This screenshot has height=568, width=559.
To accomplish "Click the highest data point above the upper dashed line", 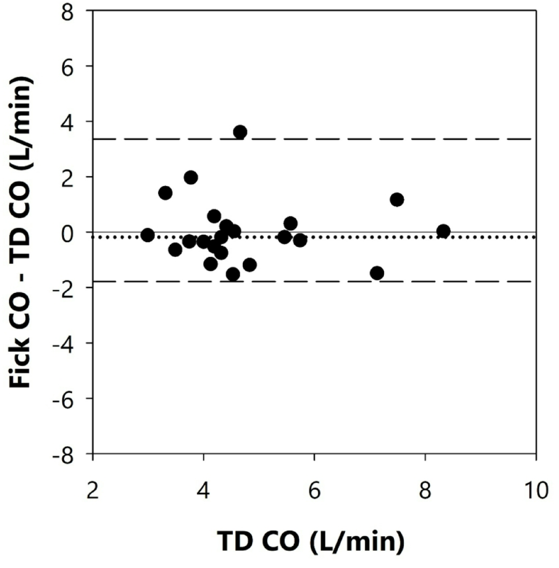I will (240, 132).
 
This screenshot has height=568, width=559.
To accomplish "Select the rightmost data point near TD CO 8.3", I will (443, 231).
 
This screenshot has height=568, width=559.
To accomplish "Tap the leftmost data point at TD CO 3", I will (148, 235).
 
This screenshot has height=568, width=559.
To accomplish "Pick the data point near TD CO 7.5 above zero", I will (397, 199).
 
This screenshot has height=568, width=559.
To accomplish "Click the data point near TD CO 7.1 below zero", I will (377, 273).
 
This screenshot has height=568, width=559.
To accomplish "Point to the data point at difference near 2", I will (191, 177).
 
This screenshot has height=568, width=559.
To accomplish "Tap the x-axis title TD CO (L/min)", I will (311, 541).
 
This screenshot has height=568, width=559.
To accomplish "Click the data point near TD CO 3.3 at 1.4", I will (165, 193).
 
